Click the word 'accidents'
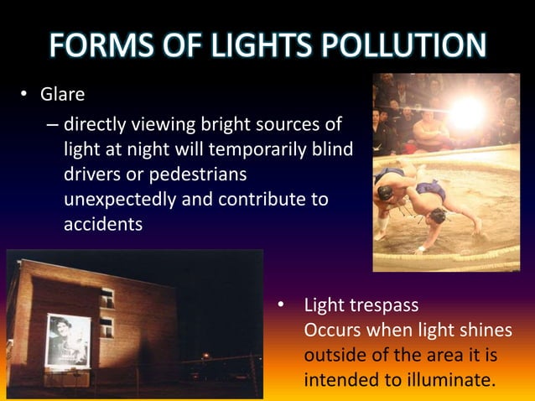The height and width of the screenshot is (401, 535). (102, 225)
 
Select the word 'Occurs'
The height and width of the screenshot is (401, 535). (331, 328)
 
